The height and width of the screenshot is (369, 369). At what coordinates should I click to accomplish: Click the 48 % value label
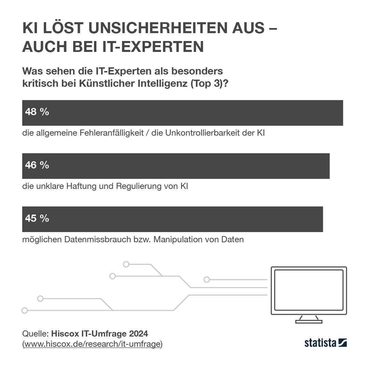pos(37,112)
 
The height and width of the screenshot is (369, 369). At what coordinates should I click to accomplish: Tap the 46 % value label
pos(37,165)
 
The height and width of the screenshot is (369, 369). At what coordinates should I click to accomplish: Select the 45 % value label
pos(37,218)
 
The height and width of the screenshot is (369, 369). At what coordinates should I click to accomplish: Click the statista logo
pos(325,343)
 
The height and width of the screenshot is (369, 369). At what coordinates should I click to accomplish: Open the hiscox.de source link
pos(92,344)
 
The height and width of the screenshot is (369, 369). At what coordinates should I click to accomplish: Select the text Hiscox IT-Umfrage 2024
pos(99,333)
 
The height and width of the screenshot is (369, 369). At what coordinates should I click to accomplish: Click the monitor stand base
pos(309,322)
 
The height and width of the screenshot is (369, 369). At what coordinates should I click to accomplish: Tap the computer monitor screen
pos(309,290)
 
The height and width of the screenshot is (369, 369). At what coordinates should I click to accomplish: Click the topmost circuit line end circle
pos(126,264)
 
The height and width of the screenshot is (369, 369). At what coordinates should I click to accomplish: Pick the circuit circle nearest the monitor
pos(207,279)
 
